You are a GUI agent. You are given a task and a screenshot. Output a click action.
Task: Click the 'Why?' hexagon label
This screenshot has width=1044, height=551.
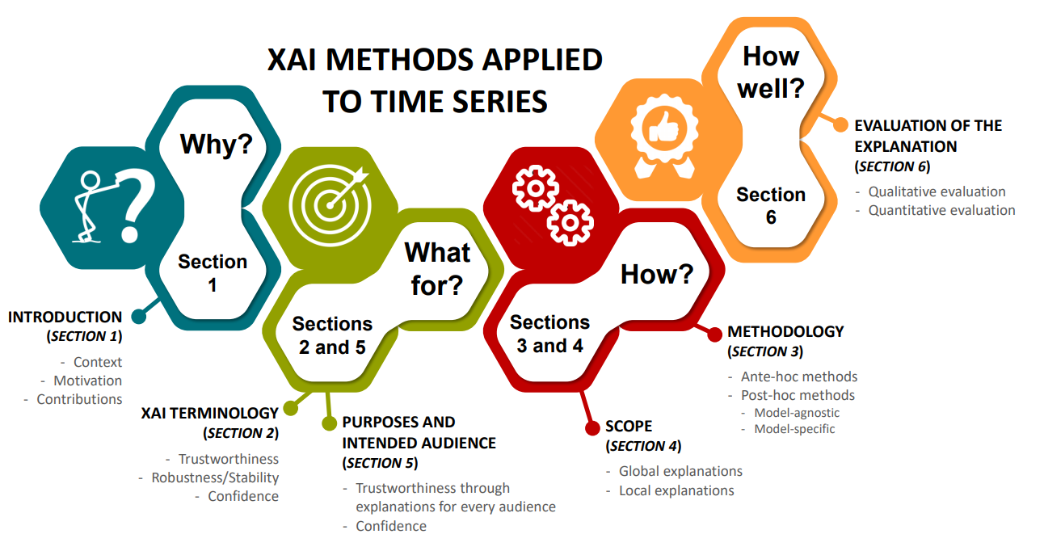[217, 145]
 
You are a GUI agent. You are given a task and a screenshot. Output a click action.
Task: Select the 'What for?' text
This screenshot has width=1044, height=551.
[437, 268]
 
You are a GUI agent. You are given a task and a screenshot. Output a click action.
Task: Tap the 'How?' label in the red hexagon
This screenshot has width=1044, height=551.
[657, 275]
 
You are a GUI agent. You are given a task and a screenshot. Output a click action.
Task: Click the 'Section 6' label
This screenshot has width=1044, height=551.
[771, 205]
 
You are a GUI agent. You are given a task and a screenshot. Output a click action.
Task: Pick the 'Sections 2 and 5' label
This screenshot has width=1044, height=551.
[332, 335]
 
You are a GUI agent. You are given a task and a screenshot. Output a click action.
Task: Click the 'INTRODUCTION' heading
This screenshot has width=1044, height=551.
[65, 318]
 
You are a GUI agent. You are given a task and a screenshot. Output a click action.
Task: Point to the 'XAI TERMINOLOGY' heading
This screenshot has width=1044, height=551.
[210, 413]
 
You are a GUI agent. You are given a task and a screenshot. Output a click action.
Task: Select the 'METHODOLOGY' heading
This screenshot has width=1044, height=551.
[785, 331]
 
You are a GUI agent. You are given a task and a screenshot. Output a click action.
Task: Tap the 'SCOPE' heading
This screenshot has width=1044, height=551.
[629, 426]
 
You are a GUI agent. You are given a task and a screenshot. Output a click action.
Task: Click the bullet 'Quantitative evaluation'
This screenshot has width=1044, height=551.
[941, 210]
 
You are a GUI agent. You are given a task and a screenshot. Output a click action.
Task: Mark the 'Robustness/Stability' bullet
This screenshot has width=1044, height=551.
[215, 477]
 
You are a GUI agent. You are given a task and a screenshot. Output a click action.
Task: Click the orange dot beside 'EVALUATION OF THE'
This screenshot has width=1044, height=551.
[840, 125]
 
